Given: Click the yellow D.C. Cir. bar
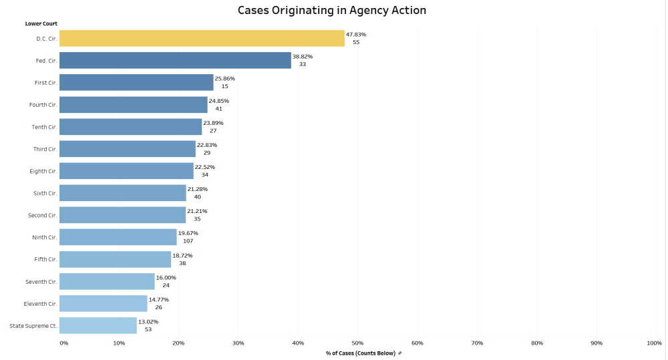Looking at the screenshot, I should (x=202, y=39).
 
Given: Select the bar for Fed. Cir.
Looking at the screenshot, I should (x=175, y=61).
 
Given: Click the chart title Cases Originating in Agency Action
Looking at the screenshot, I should (x=332, y=11).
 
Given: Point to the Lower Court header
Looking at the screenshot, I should (x=41, y=24).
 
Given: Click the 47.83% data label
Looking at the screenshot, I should (x=356, y=34).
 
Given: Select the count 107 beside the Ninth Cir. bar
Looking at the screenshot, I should (x=188, y=241).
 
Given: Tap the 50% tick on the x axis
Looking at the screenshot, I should (x=357, y=343).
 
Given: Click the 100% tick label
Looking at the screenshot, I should (x=654, y=343).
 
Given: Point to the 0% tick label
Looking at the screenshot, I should (x=63, y=343).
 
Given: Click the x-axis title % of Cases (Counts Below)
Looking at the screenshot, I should (x=361, y=353).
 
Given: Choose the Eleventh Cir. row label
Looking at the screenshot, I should (x=39, y=303).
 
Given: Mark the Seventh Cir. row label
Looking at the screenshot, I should (x=41, y=281).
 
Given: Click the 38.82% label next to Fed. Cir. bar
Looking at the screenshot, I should (x=303, y=56).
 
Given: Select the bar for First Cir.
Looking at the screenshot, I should (x=136, y=83).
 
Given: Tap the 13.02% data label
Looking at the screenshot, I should (x=148, y=321).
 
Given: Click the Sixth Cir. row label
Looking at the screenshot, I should (x=45, y=193).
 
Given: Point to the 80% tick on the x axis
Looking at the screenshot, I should (x=536, y=343).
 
